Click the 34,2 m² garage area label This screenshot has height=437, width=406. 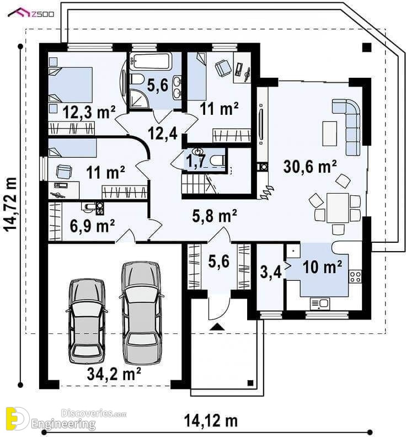click(114, 374)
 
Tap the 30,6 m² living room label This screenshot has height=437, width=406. click(310, 167)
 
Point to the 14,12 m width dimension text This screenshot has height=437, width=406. click(211, 420)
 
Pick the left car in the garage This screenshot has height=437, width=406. click(87, 320)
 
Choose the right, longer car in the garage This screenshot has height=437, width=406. click(141, 313)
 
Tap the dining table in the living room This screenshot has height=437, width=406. click(338, 207)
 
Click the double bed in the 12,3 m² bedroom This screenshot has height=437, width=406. click(70, 85)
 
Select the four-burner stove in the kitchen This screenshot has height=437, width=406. click(355, 276)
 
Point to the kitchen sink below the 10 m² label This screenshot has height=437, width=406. click(319, 303)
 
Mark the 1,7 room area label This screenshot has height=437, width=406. click(196, 161)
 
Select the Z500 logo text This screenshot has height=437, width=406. click(42, 14)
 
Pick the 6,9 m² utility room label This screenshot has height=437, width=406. click(92, 226)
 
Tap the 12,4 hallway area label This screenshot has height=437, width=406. click(163, 132)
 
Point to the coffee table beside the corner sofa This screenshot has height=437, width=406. click(330, 133)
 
